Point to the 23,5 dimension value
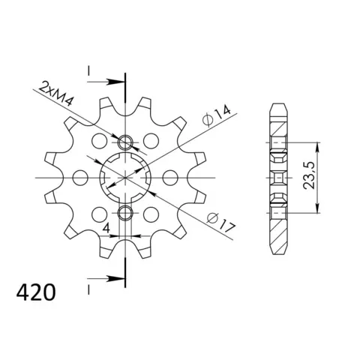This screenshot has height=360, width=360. coord(309,175)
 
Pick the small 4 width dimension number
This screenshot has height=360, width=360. coord(106,227)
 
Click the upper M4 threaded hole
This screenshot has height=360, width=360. coord(125,142)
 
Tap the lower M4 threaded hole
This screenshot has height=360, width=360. coord(125,213)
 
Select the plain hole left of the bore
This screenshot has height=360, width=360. coord(80,178)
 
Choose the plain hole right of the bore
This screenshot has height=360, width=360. coord(170,178)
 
